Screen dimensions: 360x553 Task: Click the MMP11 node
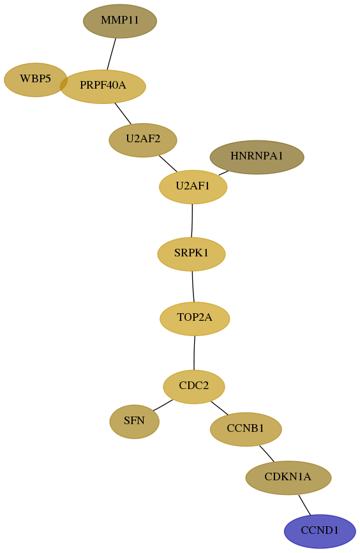[x=120, y=21]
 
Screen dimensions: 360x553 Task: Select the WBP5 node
[x=35, y=80]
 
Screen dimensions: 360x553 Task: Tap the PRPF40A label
[x=103, y=85]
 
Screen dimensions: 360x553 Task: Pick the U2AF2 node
[x=143, y=140]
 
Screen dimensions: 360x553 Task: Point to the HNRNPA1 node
[x=257, y=157]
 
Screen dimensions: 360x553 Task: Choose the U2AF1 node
[x=193, y=187]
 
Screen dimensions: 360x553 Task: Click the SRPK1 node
[x=191, y=254]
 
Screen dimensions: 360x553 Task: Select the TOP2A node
[x=195, y=318]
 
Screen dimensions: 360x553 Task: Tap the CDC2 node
[x=194, y=387]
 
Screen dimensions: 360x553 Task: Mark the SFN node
[x=135, y=422]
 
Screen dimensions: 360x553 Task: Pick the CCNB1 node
[x=246, y=429]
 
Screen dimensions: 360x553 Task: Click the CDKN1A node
[x=289, y=478]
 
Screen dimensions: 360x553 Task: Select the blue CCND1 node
[x=320, y=531]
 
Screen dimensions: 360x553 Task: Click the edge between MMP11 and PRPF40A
[x=112, y=54]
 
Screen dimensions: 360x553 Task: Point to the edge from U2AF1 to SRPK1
[x=192, y=221]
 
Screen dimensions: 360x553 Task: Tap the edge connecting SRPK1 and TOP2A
[x=193, y=286]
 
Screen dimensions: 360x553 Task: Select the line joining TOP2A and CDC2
[x=194, y=353]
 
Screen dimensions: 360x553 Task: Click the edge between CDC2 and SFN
[x=163, y=405]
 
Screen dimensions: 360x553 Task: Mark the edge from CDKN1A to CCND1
[x=304, y=505]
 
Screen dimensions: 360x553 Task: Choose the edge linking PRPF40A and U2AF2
[x=123, y=114]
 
